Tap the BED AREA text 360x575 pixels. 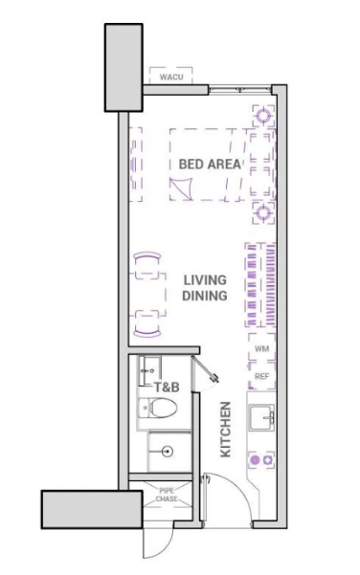click(210, 164)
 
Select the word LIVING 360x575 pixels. click(205, 280)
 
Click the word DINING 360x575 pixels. click(205, 296)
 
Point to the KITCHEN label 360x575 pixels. click(225, 430)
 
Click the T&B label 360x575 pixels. click(167, 387)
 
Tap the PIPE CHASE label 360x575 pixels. click(167, 495)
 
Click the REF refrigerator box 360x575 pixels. click(261, 376)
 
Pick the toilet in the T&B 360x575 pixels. click(158, 408)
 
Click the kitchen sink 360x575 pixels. click(262, 417)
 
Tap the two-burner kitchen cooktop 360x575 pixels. click(261, 460)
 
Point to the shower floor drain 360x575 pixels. click(168, 452)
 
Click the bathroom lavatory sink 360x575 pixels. click(149, 371)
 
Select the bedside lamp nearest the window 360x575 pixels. click(263, 116)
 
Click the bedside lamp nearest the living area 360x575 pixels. click(263, 212)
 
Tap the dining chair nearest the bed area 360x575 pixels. click(147, 265)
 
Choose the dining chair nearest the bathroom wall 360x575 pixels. click(147, 323)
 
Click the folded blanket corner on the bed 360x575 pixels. click(181, 188)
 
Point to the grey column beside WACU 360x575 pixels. click(124, 68)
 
